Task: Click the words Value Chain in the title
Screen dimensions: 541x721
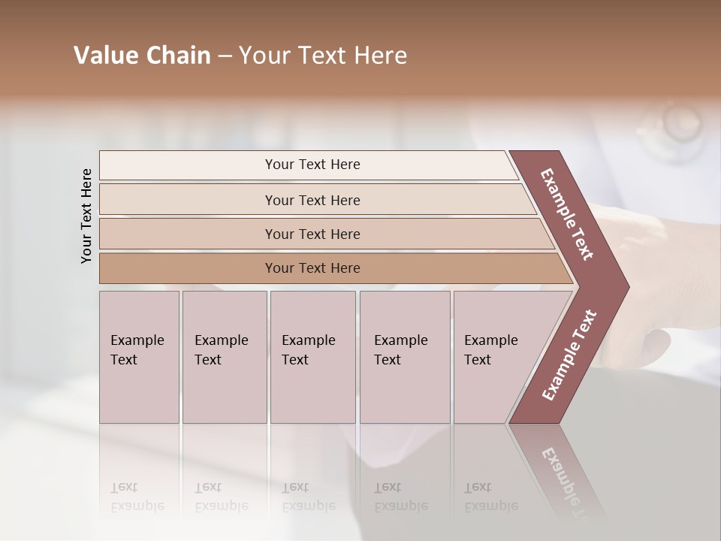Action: [x=142, y=56]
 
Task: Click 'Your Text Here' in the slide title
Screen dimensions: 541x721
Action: [x=323, y=56]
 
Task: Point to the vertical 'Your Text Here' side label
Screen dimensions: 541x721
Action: [x=86, y=216]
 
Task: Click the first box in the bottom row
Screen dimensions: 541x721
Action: [x=139, y=357]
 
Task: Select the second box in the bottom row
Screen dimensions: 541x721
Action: [x=224, y=357]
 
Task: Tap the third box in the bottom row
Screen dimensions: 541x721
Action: [x=312, y=357]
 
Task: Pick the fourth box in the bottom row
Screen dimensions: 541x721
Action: [x=404, y=357]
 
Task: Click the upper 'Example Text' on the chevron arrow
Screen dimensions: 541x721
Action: [x=567, y=214]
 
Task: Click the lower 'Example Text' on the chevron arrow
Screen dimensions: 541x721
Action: [x=569, y=355]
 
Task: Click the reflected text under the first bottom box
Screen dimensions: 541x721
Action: [x=137, y=497]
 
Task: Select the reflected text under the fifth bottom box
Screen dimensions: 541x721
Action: [x=490, y=497]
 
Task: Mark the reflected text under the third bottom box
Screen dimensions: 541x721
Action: [x=308, y=497]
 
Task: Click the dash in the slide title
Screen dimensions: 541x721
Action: [x=225, y=56]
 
